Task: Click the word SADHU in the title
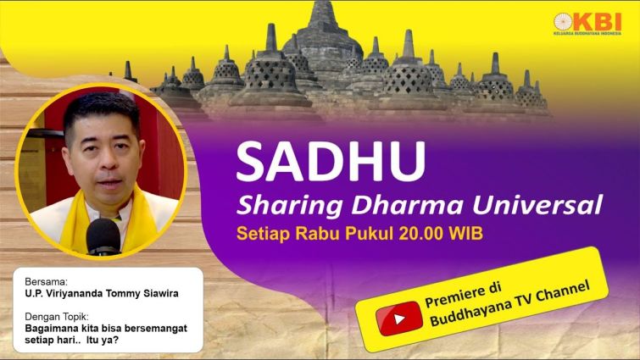[331, 162]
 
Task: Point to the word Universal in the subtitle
[537, 204]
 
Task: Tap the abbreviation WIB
[466, 234]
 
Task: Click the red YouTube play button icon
[398, 318]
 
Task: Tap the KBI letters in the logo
[598, 21]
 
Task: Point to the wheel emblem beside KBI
[563, 22]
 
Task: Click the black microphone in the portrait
[103, 236]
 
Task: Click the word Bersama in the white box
[46, 282]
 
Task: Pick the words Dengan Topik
[56, 317]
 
